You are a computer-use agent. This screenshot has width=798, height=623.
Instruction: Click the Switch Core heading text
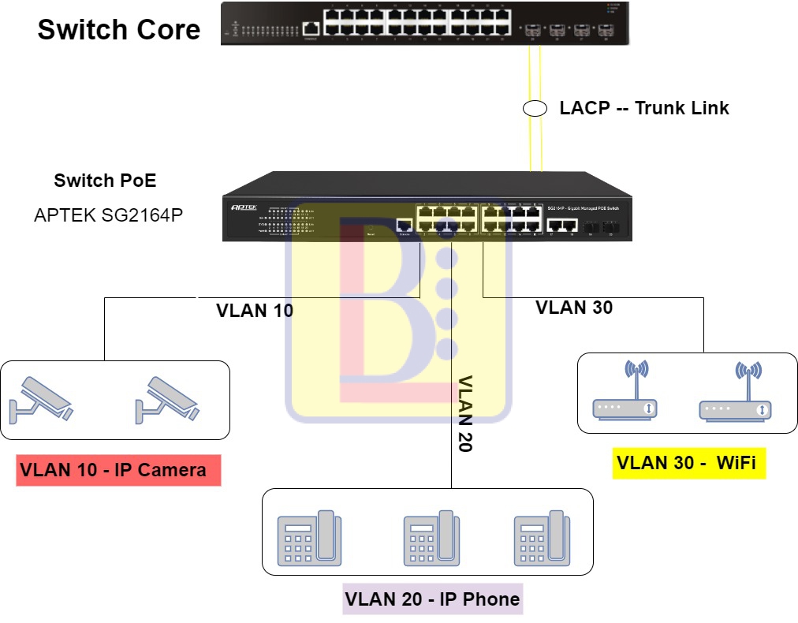click(119, 30)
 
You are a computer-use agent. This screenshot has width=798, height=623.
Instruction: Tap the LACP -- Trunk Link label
click(644, 108)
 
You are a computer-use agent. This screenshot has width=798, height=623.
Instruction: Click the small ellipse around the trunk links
click(535, 109)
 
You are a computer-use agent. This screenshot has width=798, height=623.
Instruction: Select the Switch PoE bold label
click(105, 181)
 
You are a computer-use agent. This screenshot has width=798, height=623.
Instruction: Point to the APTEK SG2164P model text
click(109, 215)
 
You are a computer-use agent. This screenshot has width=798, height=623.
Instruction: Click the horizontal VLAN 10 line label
click(255, 311)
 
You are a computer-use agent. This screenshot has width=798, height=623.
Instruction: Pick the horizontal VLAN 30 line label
click(574, 308)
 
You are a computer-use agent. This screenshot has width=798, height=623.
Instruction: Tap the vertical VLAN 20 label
click(464, 413)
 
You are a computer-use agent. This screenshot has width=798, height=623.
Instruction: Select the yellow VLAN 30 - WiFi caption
click(686, 463)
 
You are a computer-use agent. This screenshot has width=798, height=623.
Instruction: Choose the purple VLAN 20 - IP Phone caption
click(432, 599)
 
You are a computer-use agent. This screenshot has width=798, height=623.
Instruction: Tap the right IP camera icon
click(167, 397)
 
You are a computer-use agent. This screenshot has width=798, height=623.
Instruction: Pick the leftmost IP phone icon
click(309, 538)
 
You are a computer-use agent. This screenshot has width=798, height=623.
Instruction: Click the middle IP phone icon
click(431, 538)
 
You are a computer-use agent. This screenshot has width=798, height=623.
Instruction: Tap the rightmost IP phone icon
click(542, 538)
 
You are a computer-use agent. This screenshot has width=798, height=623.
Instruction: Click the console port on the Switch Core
click(310, 28)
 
